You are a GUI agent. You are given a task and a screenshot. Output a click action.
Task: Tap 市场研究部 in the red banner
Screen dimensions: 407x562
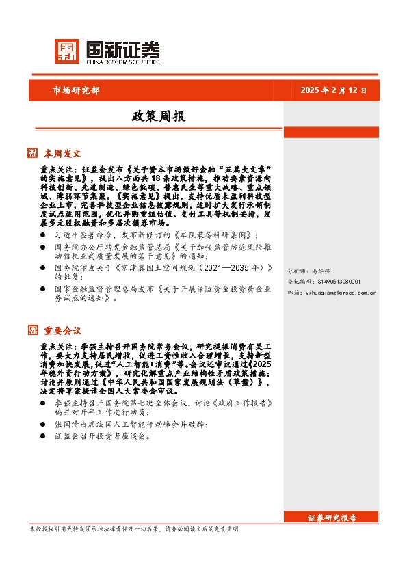76,90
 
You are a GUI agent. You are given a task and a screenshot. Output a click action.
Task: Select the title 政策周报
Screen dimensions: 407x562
158,117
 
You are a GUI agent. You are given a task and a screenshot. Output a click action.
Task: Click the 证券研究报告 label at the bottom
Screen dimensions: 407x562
332,518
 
